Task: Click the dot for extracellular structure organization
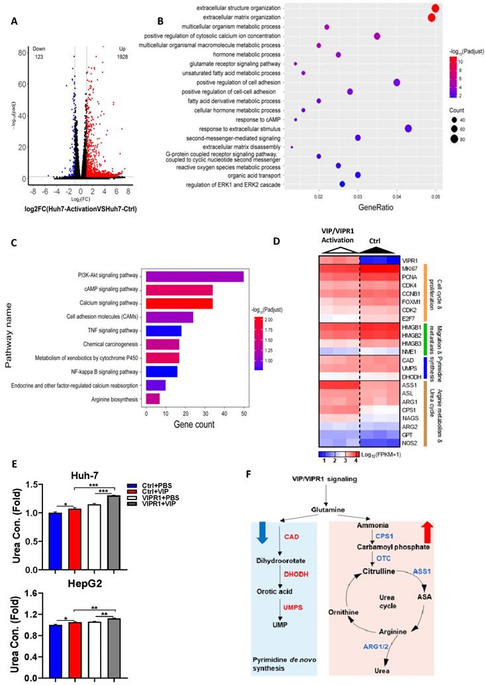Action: point(435,8)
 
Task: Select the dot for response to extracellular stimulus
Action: point(408,129)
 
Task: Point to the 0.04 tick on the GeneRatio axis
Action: point(397,197)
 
